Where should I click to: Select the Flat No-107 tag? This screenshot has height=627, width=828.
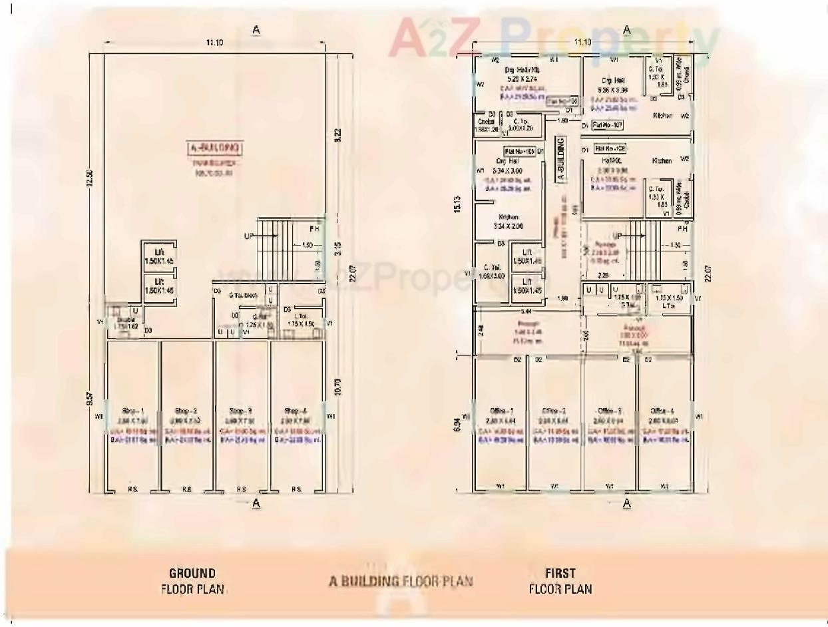[607, 124]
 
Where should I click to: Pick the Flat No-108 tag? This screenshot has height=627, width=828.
[610, 148]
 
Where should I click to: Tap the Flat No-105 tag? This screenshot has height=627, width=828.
[520, 151]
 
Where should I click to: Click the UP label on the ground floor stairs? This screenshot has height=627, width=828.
[250, 236]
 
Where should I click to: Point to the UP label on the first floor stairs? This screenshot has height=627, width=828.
[618, 236]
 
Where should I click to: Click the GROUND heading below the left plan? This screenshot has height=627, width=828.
[192, 573]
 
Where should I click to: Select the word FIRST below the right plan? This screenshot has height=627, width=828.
[560, 573]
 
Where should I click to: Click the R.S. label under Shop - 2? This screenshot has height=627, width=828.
[187, 489]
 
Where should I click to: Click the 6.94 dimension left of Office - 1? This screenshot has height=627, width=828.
[455, 423]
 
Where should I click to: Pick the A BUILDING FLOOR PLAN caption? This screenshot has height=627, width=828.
[401, 581]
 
